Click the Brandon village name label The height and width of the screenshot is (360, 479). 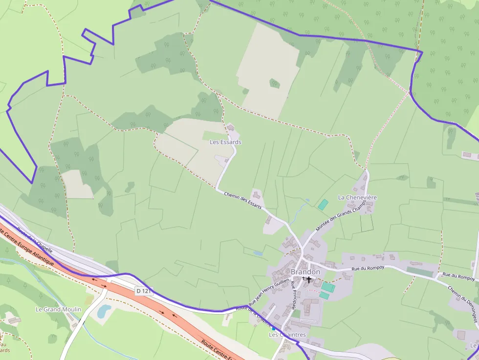point(305,272)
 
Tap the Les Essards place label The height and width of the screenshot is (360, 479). point(225,142)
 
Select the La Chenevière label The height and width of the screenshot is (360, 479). point(357,197)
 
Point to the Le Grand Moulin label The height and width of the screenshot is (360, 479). point(58,309)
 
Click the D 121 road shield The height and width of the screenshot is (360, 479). point(144,291)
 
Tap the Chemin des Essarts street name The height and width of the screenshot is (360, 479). point(242,201)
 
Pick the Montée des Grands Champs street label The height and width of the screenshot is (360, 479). point(341,215)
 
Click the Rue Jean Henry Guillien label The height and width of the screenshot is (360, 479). point(269,292)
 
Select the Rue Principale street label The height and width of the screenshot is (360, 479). point(293,296)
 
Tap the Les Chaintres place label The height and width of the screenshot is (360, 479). point(287,335)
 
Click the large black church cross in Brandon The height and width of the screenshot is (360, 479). point(309,279)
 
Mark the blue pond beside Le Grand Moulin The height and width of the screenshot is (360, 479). point(104,311)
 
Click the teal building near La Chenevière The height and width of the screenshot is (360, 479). point(323,205)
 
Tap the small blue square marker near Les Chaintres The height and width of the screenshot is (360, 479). point(273,328)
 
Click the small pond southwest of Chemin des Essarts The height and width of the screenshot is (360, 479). point(258,253)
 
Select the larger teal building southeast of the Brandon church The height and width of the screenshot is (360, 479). point(328,287)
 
